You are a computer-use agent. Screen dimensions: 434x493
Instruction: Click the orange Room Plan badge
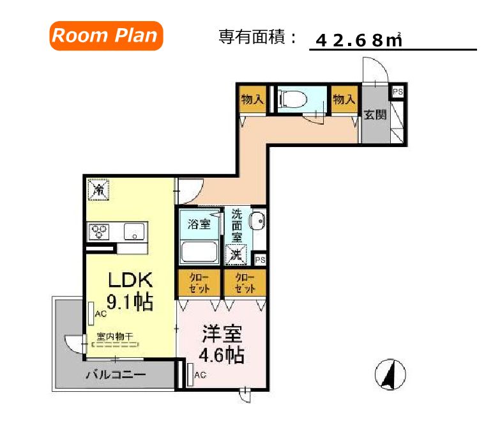click(x=104, y=35)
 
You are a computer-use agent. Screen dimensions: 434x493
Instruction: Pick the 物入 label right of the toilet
click(x=344, y=99)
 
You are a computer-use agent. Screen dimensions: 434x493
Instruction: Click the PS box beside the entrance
click(x=397, y=91)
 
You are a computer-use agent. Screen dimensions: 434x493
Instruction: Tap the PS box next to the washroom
click(x=259, y=260)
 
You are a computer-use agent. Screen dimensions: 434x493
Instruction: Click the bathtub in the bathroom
click(x=199, y=251)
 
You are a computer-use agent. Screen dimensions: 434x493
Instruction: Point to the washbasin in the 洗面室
click(x=257, y=222)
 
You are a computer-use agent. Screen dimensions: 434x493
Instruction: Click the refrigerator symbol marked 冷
click(x=98, y=190)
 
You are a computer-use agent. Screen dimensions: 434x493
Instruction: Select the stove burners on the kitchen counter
click(x=100, y=231)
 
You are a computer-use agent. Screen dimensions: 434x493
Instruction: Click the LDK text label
click(x=130, y=280)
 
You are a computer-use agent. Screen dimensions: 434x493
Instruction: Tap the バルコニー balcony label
click(x=116, y=375)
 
